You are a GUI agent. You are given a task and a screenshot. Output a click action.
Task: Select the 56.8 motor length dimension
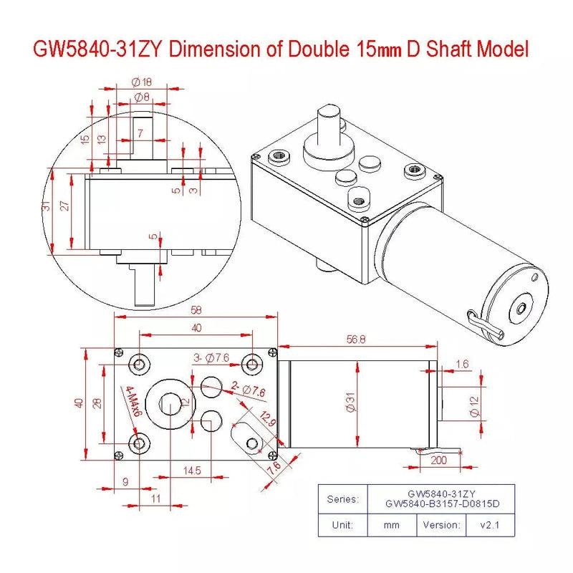point(355,340)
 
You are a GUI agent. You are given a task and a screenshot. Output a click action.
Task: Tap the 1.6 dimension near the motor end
point(461,364)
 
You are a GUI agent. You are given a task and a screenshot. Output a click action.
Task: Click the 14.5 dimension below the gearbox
point(192,470)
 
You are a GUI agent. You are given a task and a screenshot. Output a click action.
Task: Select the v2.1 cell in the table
point(492,524)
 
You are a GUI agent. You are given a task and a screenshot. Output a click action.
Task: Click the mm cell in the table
point(390,524)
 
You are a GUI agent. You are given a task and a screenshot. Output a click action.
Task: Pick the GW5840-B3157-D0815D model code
point(440,504)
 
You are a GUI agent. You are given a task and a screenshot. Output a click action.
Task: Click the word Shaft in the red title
point(450,50)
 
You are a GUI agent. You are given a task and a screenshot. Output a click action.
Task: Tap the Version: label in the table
point(440,524)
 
